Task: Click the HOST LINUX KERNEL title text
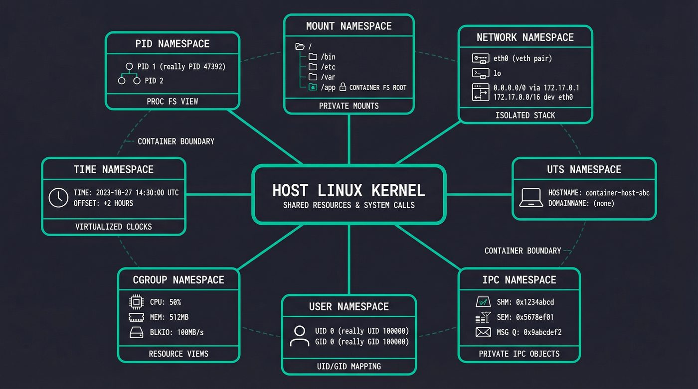tap(349, 190)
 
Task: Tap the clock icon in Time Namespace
tap(58, 197)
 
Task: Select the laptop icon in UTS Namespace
tap(531, 198)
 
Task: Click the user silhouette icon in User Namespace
tap(299, 336)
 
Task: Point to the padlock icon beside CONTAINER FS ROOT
tap(343, 87)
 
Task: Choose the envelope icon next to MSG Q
tap(483, 332)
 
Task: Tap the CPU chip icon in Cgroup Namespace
tap(136, 302)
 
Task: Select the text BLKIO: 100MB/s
tap(176, 332)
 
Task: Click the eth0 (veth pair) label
tap(523, 58)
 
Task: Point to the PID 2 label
tap(154, 80)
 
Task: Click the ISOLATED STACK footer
tap(525, 115)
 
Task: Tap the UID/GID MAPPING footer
tap(349, 366)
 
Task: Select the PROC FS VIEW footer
tap(173, 101)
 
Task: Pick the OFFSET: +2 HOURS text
tap(103, 203)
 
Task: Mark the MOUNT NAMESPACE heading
tap(349, 26)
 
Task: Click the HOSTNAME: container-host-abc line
tap(598, 193)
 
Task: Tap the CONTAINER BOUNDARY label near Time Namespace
tap(176, 141)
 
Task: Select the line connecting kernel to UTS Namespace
tap(479, 194)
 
